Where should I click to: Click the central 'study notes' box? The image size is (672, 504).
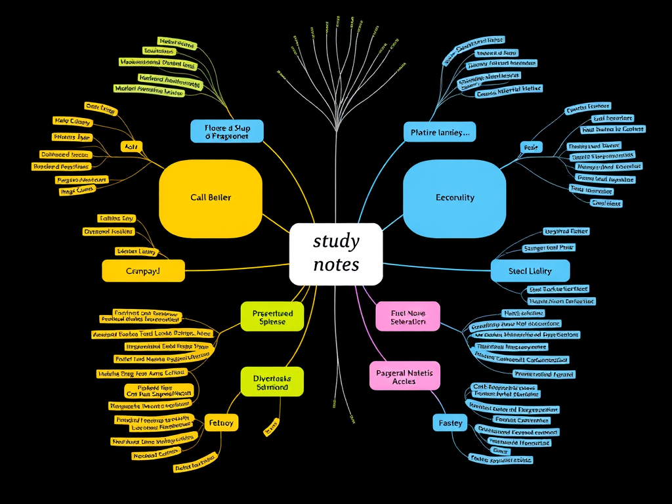tap(335, 254)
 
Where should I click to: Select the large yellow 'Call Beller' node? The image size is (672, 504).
tap(211, 198)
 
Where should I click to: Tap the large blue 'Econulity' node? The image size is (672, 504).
tap(455, 198)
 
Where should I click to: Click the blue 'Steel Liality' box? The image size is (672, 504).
tap(530, 271)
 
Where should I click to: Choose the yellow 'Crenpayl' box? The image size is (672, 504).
tap(143, 270)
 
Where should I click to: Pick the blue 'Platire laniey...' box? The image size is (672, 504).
tap(439, 133)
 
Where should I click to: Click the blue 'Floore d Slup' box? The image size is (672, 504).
tap(226, 131)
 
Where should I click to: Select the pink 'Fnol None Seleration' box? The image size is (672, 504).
tap(408, 317)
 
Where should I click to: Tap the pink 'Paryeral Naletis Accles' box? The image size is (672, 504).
tap(404, 377)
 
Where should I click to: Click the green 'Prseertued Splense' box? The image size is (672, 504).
tap(272, 317)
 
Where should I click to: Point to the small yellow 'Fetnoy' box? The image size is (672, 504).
tap(220, 423)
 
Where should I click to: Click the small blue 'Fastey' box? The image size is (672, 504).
tap(450, 423)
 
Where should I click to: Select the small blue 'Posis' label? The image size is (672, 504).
tap(531, 148)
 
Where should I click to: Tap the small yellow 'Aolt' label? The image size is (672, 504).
tap(132, 146)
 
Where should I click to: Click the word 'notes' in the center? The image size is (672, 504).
tap(335, 265)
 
